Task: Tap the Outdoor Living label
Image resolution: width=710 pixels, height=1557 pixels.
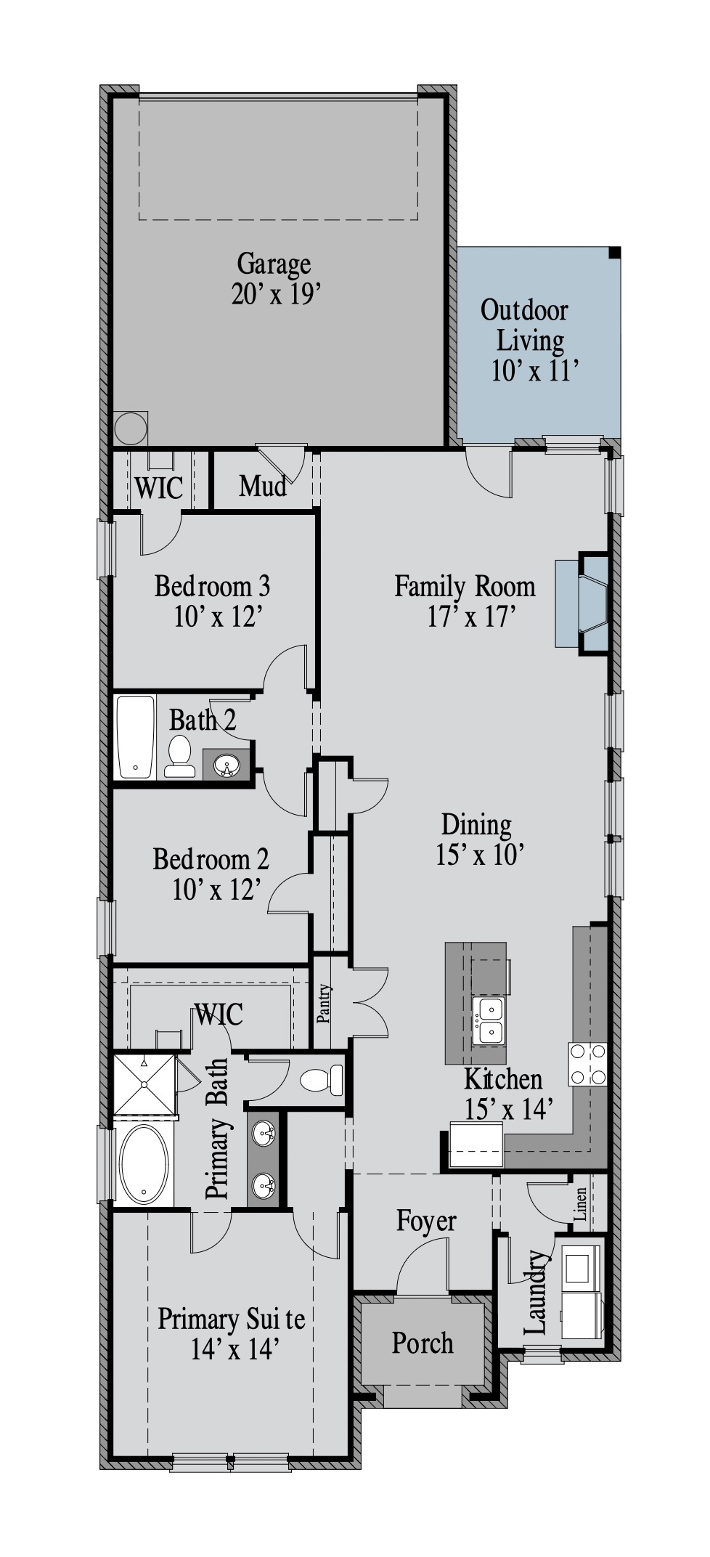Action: click(526, 325)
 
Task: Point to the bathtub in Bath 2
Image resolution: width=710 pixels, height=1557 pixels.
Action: click(136, 737)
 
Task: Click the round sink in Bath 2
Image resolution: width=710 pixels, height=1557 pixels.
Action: click(227, 765)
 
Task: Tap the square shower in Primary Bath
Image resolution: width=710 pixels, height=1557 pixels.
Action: click(144, 1085)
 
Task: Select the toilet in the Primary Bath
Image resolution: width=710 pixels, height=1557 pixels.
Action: click(322, 1080)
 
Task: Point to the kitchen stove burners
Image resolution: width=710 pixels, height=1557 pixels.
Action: click(587, 1064)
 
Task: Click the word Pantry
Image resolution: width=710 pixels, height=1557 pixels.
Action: click(324, 1004)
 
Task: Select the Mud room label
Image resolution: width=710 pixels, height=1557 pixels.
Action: click(263, 486)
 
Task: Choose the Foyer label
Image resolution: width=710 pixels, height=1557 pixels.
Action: click(426, 1221)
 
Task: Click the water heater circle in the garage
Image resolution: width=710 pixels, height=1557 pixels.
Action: click(130, 428)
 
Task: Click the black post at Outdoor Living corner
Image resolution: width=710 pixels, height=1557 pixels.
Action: click(614, 253)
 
